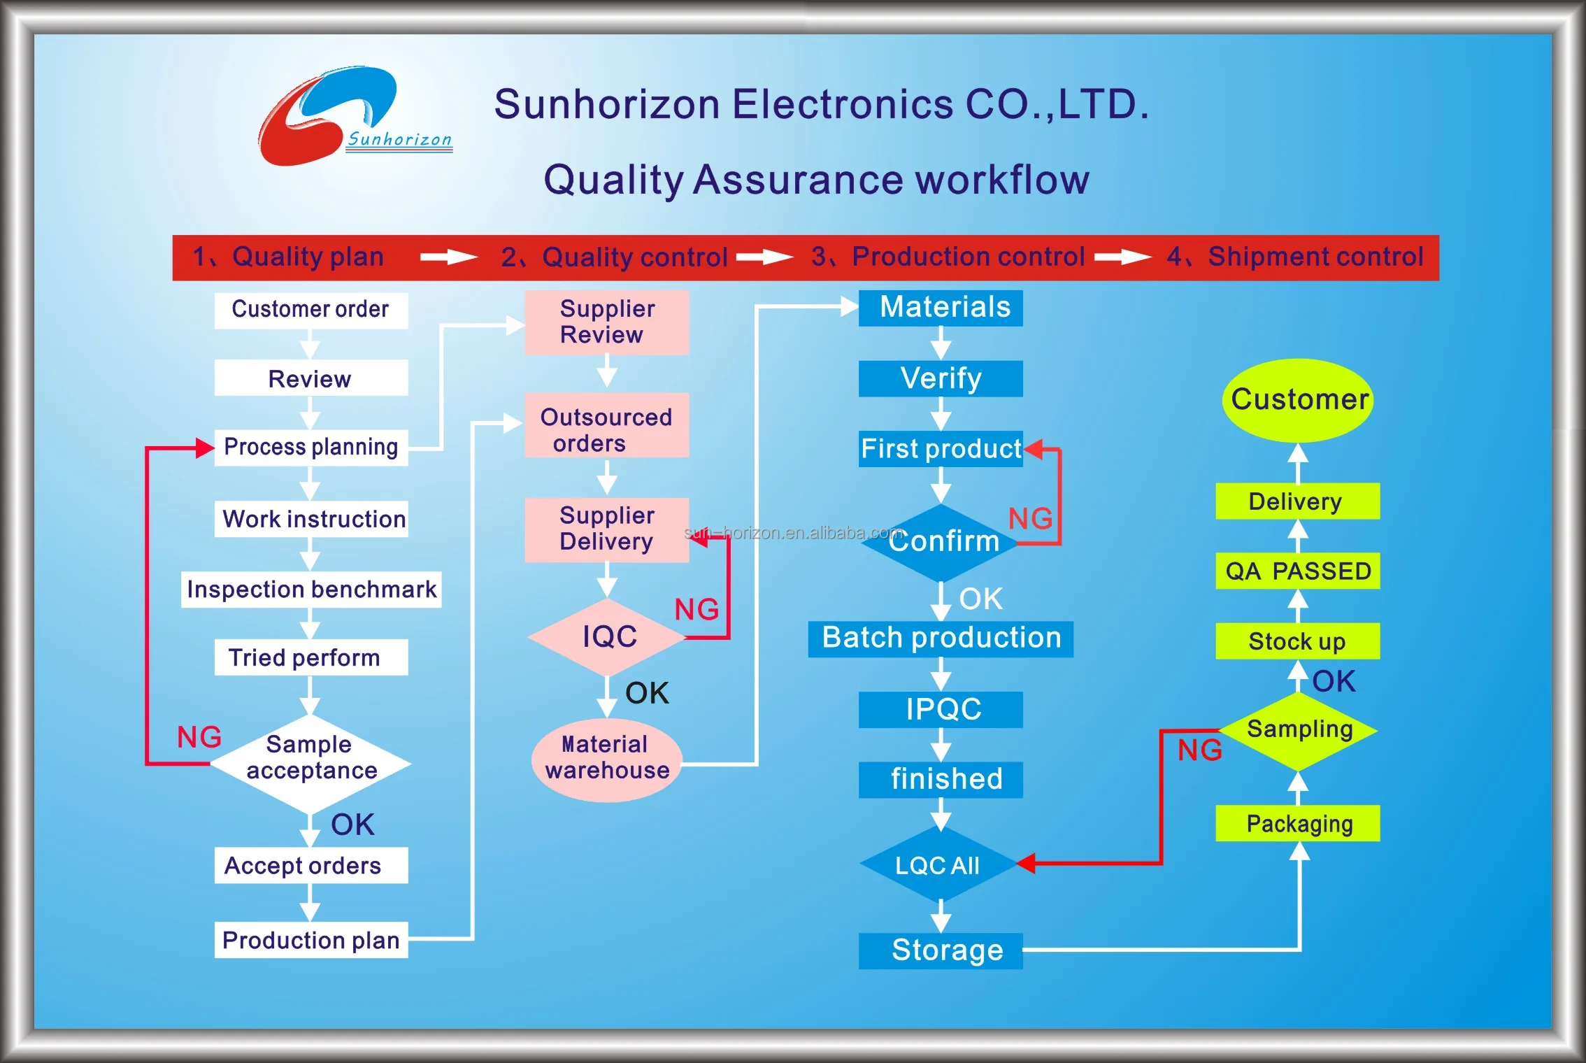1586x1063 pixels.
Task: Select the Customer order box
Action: pyautogui.click(x=310, y=309)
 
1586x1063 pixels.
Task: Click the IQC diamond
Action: pyautogui.click(x=608, y=636)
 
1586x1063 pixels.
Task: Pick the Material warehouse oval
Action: pyautogui.click(x=607, y=759)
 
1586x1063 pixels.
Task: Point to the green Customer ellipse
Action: pyautogui.click(x=1298, y=400)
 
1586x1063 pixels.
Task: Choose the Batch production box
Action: pyautogui.click(x=941, y=638)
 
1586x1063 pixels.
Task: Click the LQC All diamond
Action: pyautogui.click(x=938, y=865)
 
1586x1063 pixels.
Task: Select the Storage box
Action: pyautogui.click(x=941, y=950)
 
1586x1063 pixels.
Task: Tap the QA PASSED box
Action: pyautogui.click(x=1298, y=571)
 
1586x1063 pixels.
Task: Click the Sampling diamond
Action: pyautogui.click(x=1299, y=730)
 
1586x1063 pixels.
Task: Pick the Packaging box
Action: pyautogui.click(x=1298, y=824)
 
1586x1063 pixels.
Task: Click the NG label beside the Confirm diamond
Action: pyautogui.click(x=1030, y=519)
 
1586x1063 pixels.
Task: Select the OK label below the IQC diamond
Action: pyautogui.click(x=647, y=693)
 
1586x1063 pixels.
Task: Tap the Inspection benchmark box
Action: pyautogui.click(x=311, y=590)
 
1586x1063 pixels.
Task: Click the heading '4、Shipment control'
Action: pyautogui.click(x=1295, y=257)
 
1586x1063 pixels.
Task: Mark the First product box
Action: pyautogui.click(x=941, y=449)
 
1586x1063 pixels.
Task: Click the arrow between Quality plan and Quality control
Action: pyautogui.click(x=448, y=257)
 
